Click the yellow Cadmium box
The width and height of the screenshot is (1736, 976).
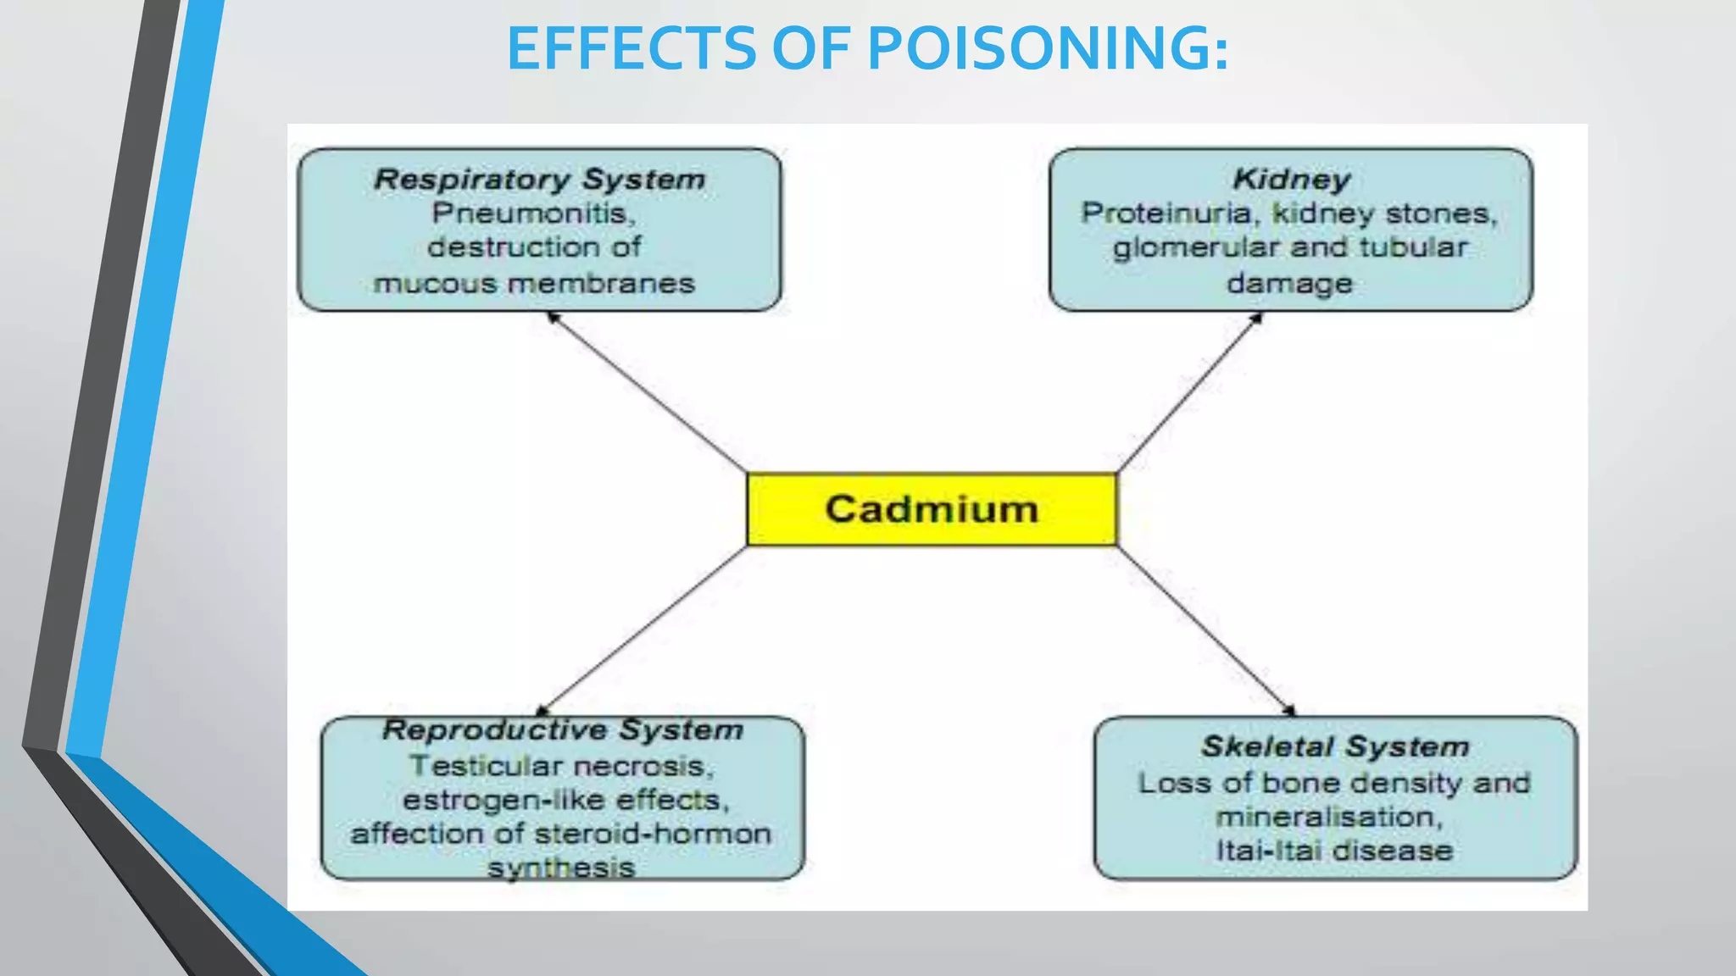(932, 509)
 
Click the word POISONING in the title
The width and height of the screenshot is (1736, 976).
(1048, 48)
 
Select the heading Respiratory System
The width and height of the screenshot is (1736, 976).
(540, 180)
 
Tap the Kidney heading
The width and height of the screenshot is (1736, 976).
(1291, 180)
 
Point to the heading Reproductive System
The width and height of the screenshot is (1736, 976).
(563, 730)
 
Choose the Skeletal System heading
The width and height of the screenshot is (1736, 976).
(1335, 747)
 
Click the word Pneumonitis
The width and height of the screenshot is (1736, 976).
(533, 213)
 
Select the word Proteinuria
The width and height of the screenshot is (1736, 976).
(1166, 213)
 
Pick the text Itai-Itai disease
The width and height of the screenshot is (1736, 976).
(1335, 851)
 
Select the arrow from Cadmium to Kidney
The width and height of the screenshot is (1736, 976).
(1188, 393)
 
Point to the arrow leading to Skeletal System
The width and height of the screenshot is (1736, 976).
(1205, 629)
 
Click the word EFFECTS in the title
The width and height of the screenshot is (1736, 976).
(632, 48)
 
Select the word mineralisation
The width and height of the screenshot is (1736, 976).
(1328, 818)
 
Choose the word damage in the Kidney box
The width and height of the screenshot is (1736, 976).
(1289, 283)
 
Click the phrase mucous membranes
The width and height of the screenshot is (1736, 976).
(534, 283)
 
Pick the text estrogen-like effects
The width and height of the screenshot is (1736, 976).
(565, 801)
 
